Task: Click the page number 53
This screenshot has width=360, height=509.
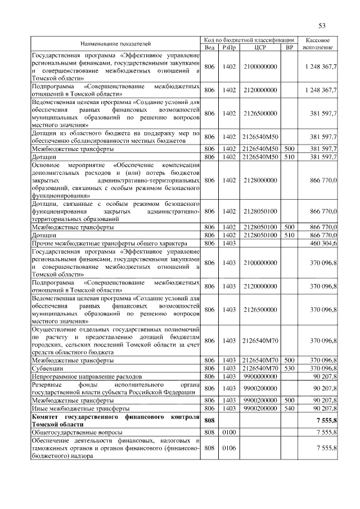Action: pyautogui.click(x=322, y=26)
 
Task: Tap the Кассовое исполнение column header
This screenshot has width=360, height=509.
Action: pyautogui.click(x=321, y=43)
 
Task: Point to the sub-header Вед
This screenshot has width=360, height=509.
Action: pyautogui.click(x=209, y=47)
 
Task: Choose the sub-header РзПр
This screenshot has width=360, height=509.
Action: pyautogui.click(x=228, y=47)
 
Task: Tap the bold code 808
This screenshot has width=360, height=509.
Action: pyautogui.click(x=209, y=420)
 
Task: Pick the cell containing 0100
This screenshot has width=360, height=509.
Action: pyautogui.click(x=228, y=431)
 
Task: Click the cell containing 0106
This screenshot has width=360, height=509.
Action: pyautogui.click(x=228, y=448)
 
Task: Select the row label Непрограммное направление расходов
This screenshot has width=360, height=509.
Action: pyautogui.click(x=87, y=376)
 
